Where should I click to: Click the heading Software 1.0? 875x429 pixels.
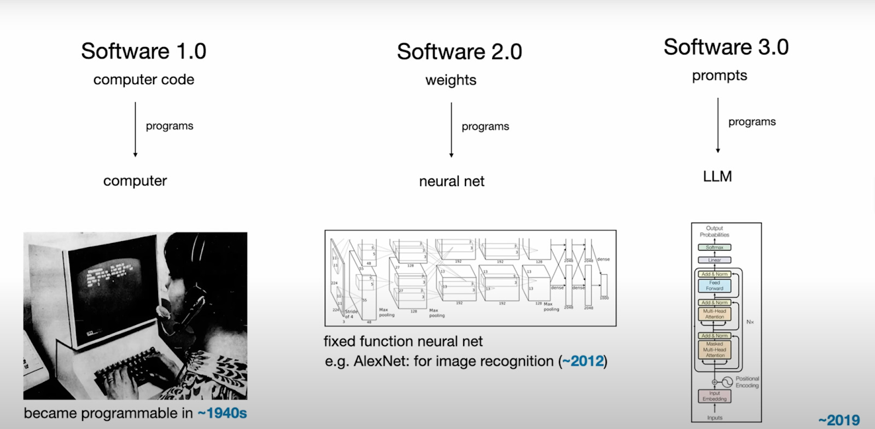click(x=143, y=51)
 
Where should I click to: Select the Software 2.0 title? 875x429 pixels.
click(x=459, y=52)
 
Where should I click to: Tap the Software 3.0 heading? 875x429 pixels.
click(x=726, y=47)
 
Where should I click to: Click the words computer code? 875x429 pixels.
click(x=143, y=80)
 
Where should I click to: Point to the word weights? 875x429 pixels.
click(x=451, y=80)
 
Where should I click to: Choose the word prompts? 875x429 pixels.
click(x=719, y=76)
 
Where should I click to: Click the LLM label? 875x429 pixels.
click(x=717, y=177)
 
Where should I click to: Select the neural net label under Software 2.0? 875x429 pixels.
click(x=451, y=182)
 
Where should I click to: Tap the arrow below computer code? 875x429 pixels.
click(x=135, y=129)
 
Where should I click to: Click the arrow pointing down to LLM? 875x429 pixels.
click(x=717, y=125)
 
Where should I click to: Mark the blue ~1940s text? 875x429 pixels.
click(x=222, y=413)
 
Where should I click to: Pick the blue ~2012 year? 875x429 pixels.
click(x=583, y=361)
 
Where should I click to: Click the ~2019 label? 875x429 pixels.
click(x=839, y=420)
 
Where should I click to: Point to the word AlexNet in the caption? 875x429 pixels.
click(x=381, y=361)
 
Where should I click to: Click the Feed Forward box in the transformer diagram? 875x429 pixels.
click(x=714, y=286)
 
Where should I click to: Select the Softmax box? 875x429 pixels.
click(x=714, y=247)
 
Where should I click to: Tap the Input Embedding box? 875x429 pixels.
click(x=714, y=396)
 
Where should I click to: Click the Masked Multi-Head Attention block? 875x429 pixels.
click(x=714, y=350)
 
